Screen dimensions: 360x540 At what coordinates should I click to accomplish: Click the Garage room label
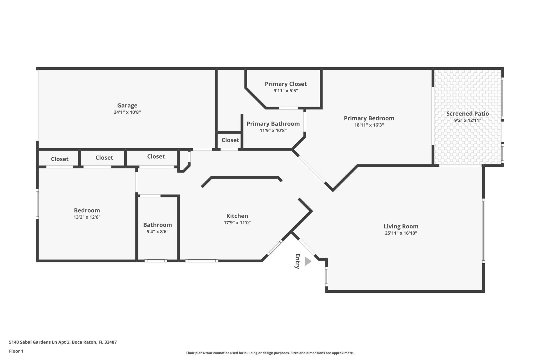(127, 105)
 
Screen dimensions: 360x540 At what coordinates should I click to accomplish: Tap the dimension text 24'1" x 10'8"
(127, 112)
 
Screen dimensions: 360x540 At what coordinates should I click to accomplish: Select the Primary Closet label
(285, 84)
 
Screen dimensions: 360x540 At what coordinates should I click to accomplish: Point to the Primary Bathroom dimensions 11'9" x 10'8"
(273, 130)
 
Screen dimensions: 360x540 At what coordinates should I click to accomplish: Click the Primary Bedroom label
(369, 118)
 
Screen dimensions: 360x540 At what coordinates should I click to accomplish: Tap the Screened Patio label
(467, 114)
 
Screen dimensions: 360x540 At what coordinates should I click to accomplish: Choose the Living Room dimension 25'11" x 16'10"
(401, 233)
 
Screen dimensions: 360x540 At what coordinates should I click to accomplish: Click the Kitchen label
(237, 216)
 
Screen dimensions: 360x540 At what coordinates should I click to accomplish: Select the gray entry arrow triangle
(308, 261)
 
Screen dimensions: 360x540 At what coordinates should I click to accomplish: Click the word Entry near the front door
(298, 261)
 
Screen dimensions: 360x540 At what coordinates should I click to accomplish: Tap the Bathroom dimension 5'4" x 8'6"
(157, 232)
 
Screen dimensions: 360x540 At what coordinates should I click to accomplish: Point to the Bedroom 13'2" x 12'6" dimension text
(87, 217)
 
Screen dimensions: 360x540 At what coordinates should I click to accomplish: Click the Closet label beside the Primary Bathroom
(230, 140)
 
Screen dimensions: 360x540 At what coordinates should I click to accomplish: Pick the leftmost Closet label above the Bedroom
(60, 159)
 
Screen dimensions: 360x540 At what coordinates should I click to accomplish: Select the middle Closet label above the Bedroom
(104, 157)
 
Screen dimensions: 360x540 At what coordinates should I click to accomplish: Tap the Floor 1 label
(16, 351)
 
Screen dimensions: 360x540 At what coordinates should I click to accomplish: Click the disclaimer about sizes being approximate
(270, 353)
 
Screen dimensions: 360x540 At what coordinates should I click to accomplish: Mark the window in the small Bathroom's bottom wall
(156, 261)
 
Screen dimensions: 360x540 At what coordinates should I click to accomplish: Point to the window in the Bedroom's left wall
(37, 204)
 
